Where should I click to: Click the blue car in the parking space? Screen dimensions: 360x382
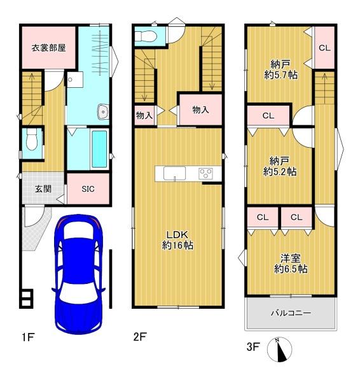click(78, 274)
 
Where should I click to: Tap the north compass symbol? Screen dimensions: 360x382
click(279, 350)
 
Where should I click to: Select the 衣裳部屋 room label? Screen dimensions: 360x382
click(48, 48)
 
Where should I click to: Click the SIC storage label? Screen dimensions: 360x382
click(88, 189)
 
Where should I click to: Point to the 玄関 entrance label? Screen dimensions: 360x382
click(43, 188)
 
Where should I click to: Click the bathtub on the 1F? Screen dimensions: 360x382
click(99, 149)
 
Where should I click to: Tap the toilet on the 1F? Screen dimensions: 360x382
click(32, 139)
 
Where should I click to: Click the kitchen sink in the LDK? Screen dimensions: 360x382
click(174, 173)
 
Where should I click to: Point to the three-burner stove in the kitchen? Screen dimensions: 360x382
click(205, 174)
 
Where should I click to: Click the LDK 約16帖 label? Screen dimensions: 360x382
click(177, 240)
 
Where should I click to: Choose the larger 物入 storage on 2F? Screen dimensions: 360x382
click(200, 110)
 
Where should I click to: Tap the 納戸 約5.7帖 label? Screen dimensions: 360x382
click(280, 70)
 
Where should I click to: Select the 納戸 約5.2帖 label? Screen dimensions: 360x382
click(280, 166)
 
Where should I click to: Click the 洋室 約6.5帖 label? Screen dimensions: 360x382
click(291, 264)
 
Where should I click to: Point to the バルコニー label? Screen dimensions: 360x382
click(291, 313)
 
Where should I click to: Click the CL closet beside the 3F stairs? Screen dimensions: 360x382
click(325, 48)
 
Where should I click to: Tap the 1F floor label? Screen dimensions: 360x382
click(27, 337)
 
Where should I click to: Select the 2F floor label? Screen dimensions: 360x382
click(140, 337)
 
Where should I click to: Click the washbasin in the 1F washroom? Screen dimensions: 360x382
click(104, 112)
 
